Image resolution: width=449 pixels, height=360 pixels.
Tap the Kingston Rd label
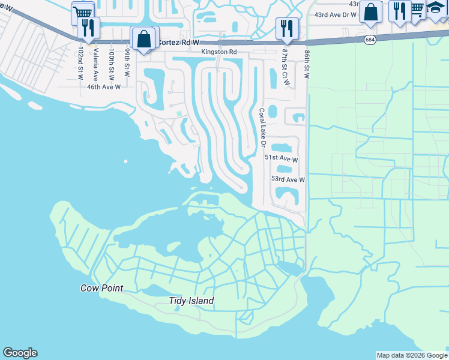click(x=218, y=52)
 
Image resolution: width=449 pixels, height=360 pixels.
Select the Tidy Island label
click(x=191, y=301)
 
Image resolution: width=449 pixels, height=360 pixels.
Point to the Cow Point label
click(x=101, y=288)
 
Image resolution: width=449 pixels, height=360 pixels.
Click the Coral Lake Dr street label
click(x=262, y=128)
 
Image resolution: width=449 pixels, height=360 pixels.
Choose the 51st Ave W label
click(x=282, y=159)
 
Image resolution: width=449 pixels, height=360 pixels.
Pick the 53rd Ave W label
click(x=288, y=179)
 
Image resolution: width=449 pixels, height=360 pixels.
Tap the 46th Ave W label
click(x=104, y=87)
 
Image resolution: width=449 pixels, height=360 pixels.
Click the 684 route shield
click(x=370, y=39)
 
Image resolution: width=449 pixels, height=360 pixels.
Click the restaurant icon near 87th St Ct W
click(x=287, y=28)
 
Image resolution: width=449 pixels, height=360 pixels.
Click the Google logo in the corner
click(x=20, y=353)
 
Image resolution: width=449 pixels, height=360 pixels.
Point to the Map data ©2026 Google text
click(x=412, y=355)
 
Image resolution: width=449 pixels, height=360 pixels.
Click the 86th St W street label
click(x=307, y=65)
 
